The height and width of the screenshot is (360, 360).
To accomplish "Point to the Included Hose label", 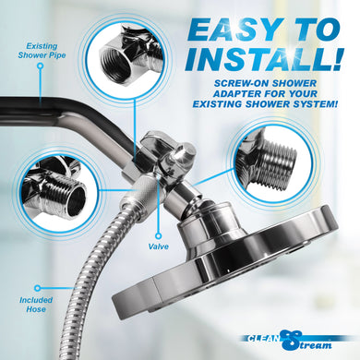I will coord(38,305).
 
